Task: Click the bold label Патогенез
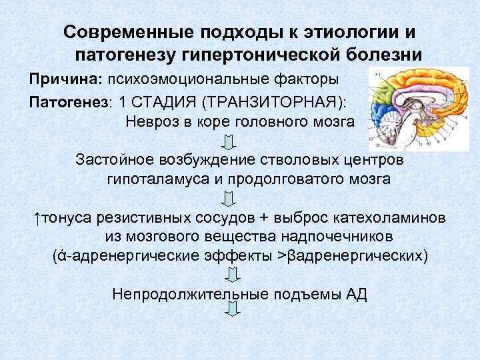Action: (67, 102)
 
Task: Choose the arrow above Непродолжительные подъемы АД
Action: (233, 275)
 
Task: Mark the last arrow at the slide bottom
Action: (233, 309)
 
